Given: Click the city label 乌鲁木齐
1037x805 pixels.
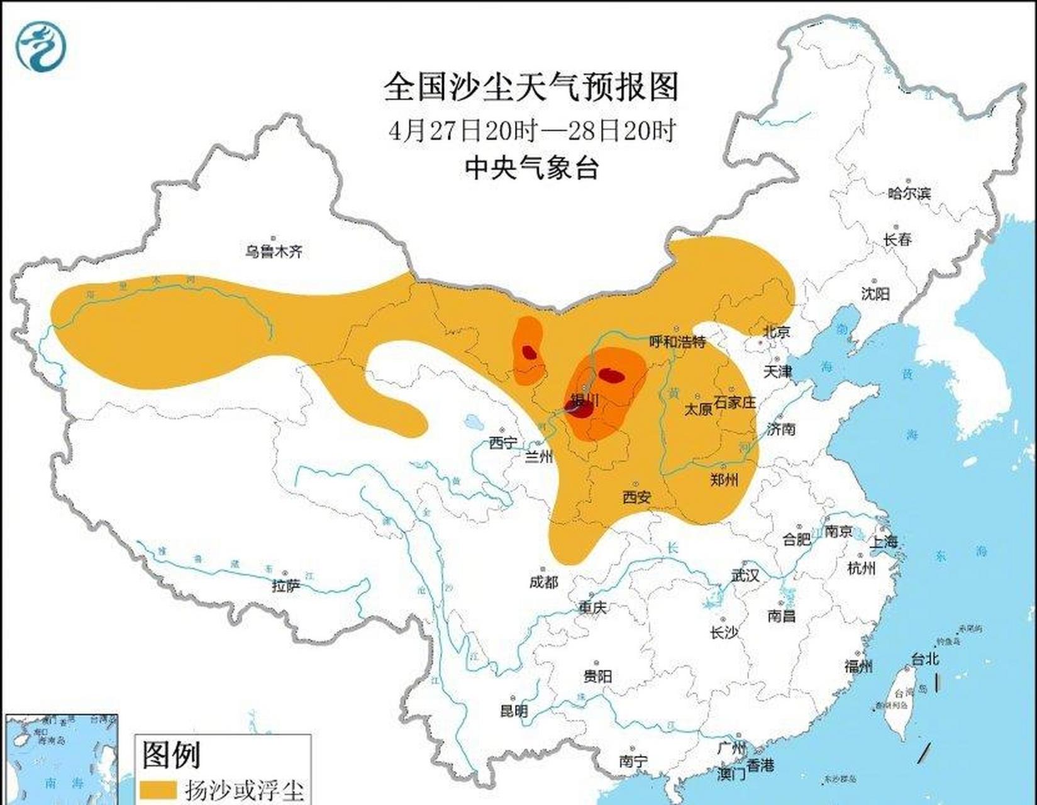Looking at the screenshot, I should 274,252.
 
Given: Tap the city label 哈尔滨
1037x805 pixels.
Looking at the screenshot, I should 909,193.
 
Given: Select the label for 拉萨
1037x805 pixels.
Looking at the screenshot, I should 286,586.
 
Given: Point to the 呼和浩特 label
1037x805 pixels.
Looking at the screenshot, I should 677,341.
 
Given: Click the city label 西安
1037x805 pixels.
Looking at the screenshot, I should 636,497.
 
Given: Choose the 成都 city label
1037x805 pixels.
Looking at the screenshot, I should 543,582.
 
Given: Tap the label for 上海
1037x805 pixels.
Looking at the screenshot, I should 884,541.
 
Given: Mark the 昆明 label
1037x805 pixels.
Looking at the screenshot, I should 513,711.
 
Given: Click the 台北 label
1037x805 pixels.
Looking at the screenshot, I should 924,659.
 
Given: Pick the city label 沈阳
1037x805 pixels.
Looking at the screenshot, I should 875,293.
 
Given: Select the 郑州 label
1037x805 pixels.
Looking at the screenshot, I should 724,480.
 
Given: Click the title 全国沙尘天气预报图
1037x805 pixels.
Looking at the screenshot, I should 531,86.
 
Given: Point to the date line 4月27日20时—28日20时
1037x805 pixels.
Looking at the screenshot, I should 531,131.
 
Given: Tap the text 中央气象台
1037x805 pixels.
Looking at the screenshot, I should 531,168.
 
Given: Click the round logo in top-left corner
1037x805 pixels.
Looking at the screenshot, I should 42,45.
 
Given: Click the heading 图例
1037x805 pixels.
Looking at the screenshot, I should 171,754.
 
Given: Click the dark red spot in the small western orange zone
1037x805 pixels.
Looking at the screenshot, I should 530,352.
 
